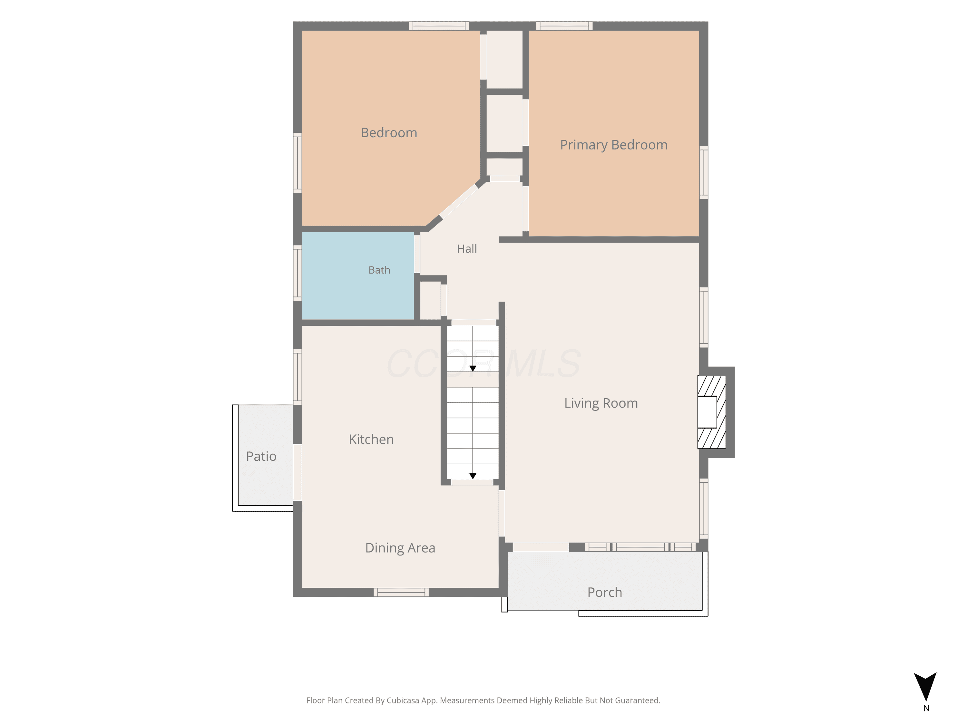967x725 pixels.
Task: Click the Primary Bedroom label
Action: click(614, 145)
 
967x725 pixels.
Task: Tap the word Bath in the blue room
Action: click(379, 270)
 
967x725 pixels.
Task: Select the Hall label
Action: click(467, 249)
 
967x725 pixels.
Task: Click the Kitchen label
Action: click(371, 439)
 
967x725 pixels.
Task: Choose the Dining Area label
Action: click(400, 548)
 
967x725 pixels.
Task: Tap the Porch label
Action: click(605, 593)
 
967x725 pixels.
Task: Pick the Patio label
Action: click(261, 457)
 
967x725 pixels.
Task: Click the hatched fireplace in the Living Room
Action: click(711, 412)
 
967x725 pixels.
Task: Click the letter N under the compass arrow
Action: click(926, 708)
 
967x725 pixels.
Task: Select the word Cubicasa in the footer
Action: click(403, 701)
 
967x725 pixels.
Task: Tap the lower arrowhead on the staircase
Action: click(473, 476)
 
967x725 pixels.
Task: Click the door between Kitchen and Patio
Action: click(297, 472)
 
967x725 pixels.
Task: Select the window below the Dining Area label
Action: click(401, 593)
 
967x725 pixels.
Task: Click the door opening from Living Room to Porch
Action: click(541, 547)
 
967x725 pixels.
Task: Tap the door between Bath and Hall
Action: click(417, 254)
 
